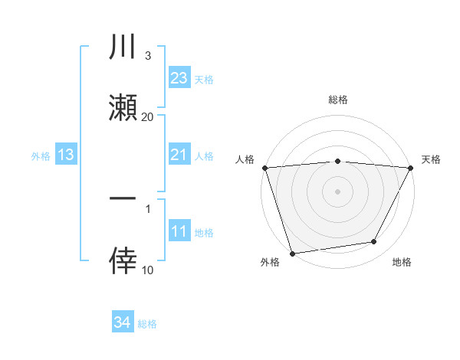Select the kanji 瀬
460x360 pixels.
coord(123,108)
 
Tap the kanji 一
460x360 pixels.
coord(123,199)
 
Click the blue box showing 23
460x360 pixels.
coord(179,78)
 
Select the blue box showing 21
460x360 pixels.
coord(179,155)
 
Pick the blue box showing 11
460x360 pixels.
coord(179,232)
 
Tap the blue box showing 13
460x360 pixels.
coord(66,155)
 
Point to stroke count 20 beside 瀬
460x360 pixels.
coord(147,116)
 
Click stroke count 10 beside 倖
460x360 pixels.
coord(147,270)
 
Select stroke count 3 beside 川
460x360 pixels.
coord(147,56)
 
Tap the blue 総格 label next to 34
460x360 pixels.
coord(147,324)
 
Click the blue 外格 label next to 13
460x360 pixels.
coord(41,156)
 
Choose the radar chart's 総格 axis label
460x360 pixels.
coord(337,100)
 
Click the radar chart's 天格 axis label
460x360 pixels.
coord(431,159)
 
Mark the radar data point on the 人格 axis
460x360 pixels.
coord(264,168)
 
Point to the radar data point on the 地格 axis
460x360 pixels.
coord(374,242)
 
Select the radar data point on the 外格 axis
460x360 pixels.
coord(292,252)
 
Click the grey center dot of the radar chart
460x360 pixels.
coord(337,191)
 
